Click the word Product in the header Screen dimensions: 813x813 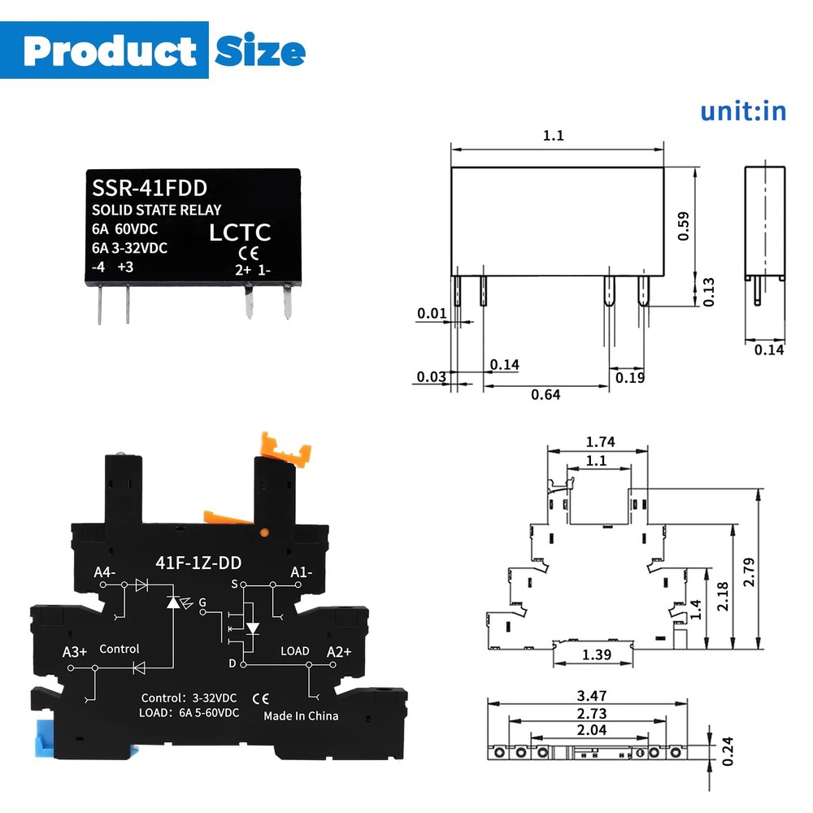pos(110,51)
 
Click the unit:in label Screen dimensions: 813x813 pos(743,111)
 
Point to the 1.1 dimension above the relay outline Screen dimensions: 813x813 pos(553,136)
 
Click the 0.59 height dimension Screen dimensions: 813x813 pos(683,226)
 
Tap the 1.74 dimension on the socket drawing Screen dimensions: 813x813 pos(600,442)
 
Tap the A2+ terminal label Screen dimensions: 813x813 pos(338,651)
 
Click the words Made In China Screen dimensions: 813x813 pos(301,715)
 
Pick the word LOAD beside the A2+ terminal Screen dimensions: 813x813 pos(294,651)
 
